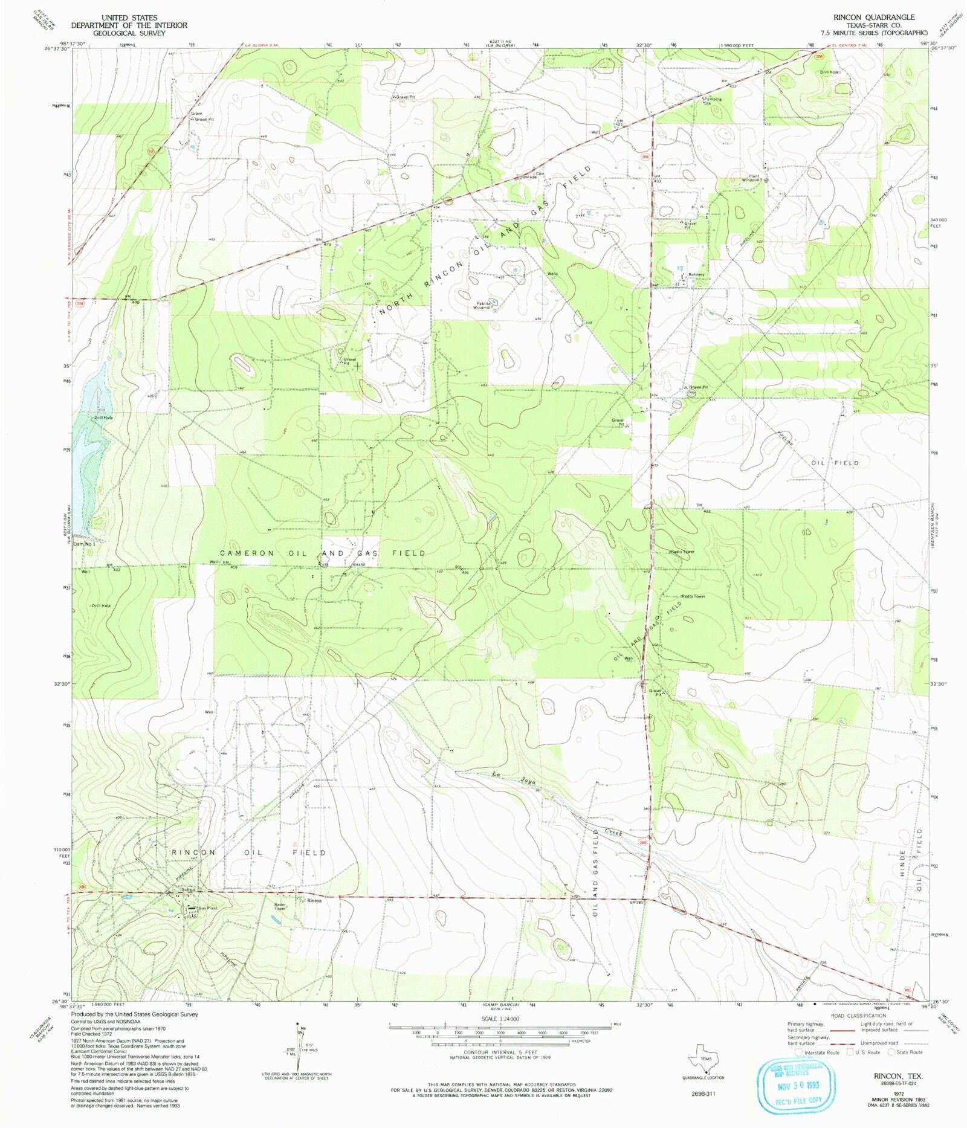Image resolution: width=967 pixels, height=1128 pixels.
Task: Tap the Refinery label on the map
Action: pos(696,275)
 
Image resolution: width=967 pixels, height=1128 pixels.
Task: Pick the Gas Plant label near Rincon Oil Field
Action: pos(207,909)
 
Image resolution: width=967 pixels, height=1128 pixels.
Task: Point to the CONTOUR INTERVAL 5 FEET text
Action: pos(500,1052)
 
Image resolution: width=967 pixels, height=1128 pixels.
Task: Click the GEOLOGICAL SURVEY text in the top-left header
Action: pos(129,33)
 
